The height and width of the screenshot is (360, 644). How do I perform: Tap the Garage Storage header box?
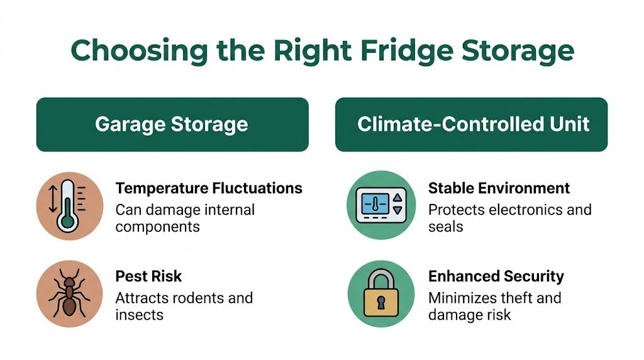(172, 124)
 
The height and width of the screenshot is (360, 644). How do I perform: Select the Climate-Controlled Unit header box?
(471, 124)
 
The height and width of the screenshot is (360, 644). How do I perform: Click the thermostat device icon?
(381, 205)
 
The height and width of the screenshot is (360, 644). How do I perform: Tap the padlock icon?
(381, 293)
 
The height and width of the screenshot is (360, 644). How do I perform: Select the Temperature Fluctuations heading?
(209, 188)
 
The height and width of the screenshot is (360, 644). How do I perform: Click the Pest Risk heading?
(148, 276)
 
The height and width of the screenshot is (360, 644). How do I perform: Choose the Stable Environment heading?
(499, 188)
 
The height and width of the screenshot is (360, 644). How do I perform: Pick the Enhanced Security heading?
(496, 276)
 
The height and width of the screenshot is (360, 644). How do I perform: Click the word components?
(157, 227)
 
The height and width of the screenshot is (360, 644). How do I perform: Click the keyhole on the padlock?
(381, 303)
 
